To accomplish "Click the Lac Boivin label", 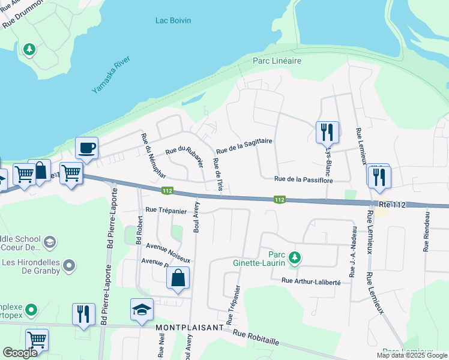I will [x=173, y=20].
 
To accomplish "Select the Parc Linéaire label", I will [x=277, y=61].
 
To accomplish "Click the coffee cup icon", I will [x=87, y=148].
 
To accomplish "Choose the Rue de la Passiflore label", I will [x=303, y=179].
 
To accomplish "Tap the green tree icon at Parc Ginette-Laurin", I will [x=294, y=257].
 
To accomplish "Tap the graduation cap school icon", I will [x=142, y=310].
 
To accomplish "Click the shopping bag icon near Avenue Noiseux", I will [x=178, y=278].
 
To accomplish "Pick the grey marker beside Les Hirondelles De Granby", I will [x=69, y=265].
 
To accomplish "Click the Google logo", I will [x=20, y=353].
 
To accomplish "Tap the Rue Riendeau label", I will [x=426, y=231].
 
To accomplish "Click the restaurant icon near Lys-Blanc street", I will [x=327, y=131].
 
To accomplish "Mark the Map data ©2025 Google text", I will [x=411, y=355].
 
